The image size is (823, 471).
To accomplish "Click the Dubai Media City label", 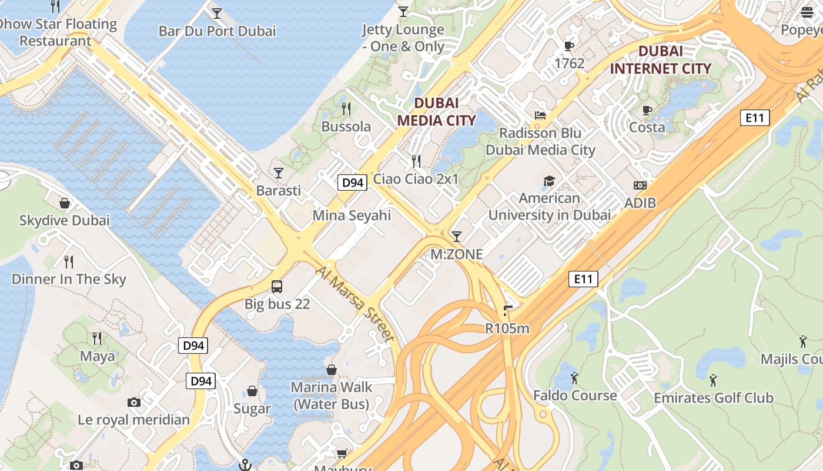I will (x=436, y=111).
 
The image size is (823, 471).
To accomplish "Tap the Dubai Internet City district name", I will (x=661, y=59).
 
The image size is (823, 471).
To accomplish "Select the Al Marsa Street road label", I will (x=354, y=303).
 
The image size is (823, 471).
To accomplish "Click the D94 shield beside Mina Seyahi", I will (x=353, y=183).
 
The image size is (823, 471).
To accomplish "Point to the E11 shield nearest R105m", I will (x=583, y=278).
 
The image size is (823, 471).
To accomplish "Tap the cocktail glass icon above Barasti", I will (x=279, y=173).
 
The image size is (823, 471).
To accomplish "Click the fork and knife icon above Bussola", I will (x=346, y=108).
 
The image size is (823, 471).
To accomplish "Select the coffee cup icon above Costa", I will (x=647, y=110).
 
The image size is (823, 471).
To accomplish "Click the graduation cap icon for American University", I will (x=549, y=180).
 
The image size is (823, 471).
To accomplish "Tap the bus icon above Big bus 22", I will (x=277, y=287).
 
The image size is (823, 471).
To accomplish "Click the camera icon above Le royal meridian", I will (x=134, y=402).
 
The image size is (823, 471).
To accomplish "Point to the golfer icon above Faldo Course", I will (x=574, y=377).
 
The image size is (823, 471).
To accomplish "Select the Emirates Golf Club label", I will (x=714, y=398).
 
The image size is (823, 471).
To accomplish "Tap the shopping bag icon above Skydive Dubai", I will (x=65, y=203).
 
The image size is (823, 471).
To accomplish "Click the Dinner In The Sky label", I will (x=69, y=279).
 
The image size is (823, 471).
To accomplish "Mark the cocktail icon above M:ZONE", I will (x=456, y=237).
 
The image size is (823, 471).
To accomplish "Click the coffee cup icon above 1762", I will (x=569, y=45).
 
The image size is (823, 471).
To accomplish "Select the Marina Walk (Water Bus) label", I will (x=332, y=396).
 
